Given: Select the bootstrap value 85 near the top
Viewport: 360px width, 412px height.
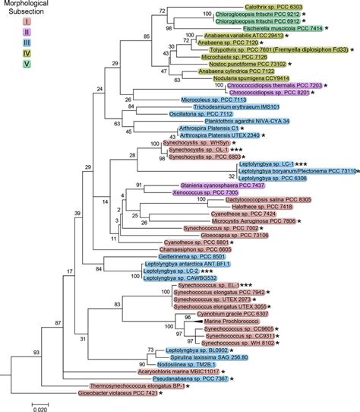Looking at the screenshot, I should point(125,36).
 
